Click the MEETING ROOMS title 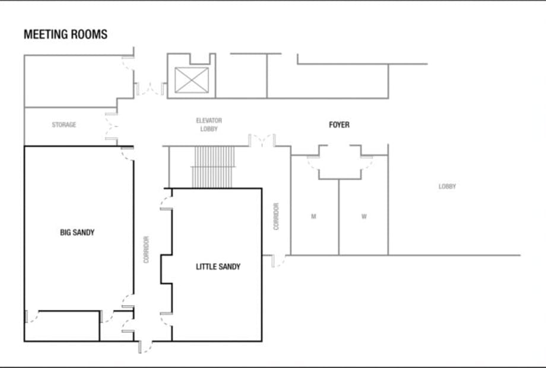pyautogui.click(x=65, y=34)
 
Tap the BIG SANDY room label pyautogui.click(x=77, y=232)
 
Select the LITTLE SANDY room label pyautogui.click(x=218, y=267)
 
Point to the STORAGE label pyautogui.click(x=64, y=125)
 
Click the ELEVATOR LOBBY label pyautogui.click(x=209, y=125)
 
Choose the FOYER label pyautogui.click(x=339, y=125)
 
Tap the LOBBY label pyautogui.click(x=447, y=186)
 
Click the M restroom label pyautogui.click(x=313, y=217)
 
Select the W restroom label pyautogui.click(x=364, y=217)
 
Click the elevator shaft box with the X pyautogui.click(x=192, y=80)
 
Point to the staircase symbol pyautogui.click(x=212, y=167)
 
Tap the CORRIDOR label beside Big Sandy pyautogui.click(x=146, y=249)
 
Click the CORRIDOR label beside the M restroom pyautogui.click(x=276, y=217)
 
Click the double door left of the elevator pyautogui.click(x=150, y=89)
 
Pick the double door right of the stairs pyautogui.click(x=262, y=141)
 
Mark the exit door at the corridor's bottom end pyautogui.click(x=145, y=347)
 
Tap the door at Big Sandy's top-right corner pyautogui.click(x=128, y=154)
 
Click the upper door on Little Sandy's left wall pyautogui.click(x=166, y=203)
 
